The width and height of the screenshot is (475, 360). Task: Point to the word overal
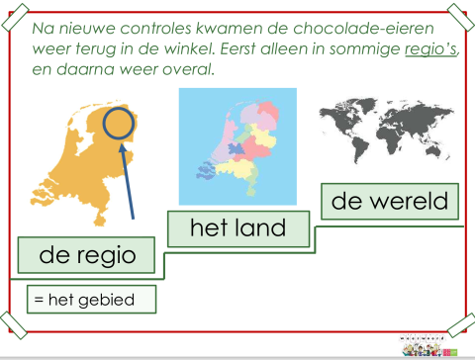(x=187, y=71)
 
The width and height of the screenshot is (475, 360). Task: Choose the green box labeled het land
(x=237, y=228)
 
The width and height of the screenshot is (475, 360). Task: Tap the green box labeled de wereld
(x=390, y=202)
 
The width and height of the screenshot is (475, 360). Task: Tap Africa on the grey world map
(x=385, y=133)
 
